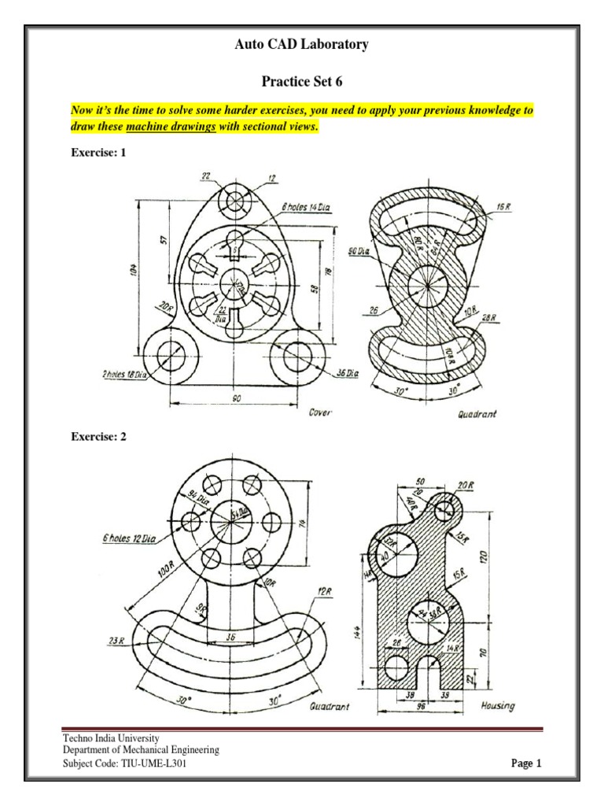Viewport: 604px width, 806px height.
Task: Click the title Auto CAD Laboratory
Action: click(301, 45)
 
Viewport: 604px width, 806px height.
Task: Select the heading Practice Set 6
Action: click(301, 82)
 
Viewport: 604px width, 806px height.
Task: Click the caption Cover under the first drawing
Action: click(320, 412)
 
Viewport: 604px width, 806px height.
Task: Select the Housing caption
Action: click(498, 706)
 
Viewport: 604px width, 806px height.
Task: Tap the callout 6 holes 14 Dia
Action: click(306, 207)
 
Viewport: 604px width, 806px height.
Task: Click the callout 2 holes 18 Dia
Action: click(124, 375)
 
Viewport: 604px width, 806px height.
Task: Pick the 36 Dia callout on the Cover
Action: click(347, 374)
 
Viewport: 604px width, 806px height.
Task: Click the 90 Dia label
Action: click(359, 251)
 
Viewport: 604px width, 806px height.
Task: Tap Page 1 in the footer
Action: click(527, 763)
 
